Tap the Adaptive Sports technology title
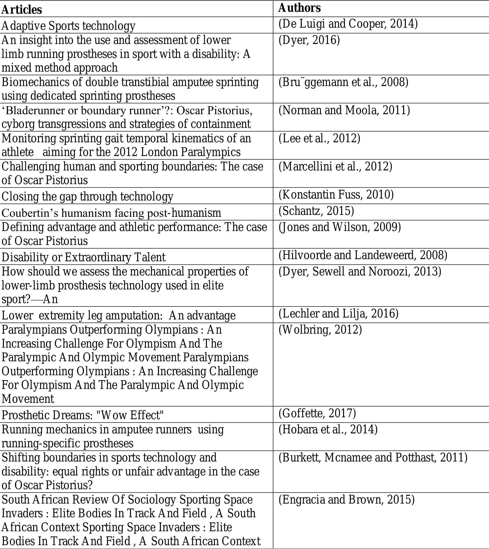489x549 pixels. click(68, 26)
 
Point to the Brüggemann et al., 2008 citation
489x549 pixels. click(343, 82)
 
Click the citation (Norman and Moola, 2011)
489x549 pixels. click(344, 110)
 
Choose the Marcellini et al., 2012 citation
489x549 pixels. click(335, 167)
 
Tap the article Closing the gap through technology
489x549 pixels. click(87, 197)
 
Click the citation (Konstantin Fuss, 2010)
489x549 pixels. click(336, 195)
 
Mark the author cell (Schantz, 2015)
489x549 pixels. click(316, 211)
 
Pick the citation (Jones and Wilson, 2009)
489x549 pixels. click(340, 227)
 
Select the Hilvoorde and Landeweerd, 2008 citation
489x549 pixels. click(363, 256)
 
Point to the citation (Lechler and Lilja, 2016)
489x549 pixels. click(338, 313)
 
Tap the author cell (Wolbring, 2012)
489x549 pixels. click(320, 330)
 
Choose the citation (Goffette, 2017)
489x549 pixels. click(317, 413)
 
